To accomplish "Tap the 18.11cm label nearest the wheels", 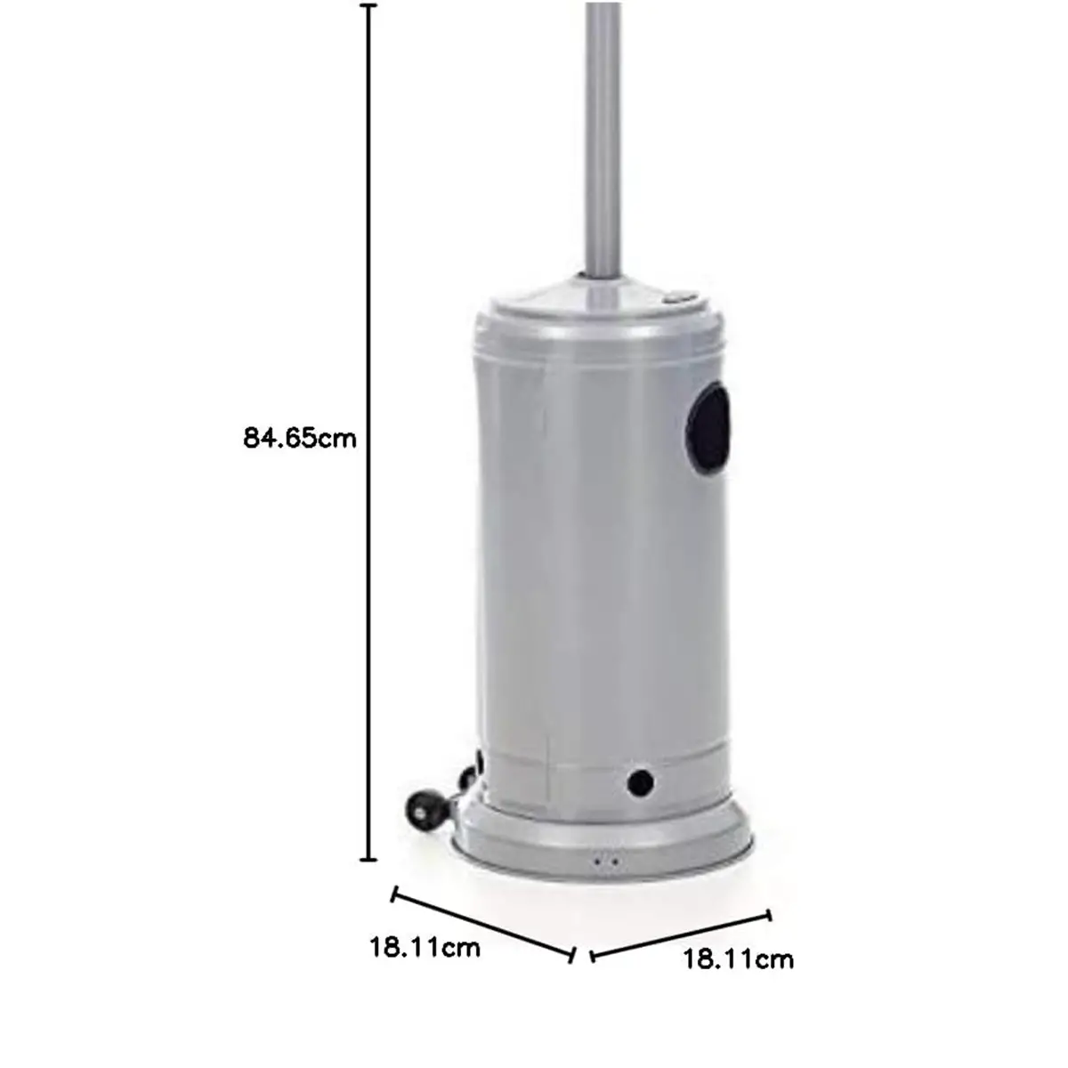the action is tap(425, 947).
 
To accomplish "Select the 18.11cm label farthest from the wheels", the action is tap(738, 959).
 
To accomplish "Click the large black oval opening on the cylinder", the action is tap(708, 428).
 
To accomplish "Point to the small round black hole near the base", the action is tap(640, 781).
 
